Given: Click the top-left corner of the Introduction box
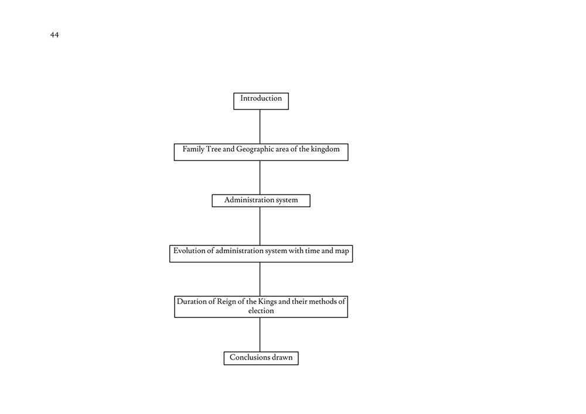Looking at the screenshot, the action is pos(234,93).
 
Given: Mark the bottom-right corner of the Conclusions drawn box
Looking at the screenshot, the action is pos(298,365).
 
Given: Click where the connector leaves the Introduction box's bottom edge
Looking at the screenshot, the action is pos(260,110).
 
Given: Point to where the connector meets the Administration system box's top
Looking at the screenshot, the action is pos(260,194).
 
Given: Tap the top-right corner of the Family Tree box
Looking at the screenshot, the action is pos(348,143).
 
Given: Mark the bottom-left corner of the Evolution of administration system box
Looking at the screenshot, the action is pos(170,262).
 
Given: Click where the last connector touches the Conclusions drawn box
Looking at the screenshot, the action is pos(260,352).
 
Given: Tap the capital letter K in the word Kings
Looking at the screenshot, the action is pos(261,301).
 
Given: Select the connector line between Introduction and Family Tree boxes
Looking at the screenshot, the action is pos(260,126).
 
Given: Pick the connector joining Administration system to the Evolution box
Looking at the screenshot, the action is pos(260,226).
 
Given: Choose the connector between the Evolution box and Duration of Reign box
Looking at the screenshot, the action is pos(260,279).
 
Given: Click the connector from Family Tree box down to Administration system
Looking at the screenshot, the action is pos(260,177).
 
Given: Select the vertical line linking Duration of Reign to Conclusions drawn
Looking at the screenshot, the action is pos(260,334).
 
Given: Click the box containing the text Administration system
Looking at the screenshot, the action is pos(261,200).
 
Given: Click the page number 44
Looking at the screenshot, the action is pos(54,35).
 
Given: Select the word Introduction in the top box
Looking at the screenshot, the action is pos(261,98).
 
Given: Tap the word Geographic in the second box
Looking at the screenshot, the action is pos(255,149).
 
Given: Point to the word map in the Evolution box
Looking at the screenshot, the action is pos(342,251).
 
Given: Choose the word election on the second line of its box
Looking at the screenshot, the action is pos(261,310).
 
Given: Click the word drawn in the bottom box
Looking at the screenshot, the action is pos(282,357).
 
